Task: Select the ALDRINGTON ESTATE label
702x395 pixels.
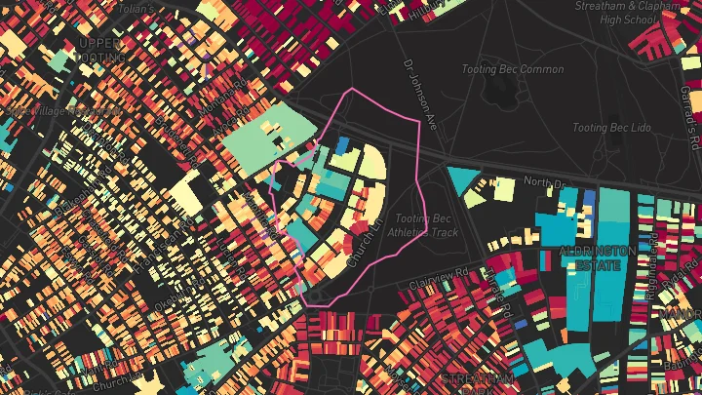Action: pos(597,257)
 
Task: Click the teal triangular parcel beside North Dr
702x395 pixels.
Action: pos(462,179)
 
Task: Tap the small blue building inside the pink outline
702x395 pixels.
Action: pos(341,144)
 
